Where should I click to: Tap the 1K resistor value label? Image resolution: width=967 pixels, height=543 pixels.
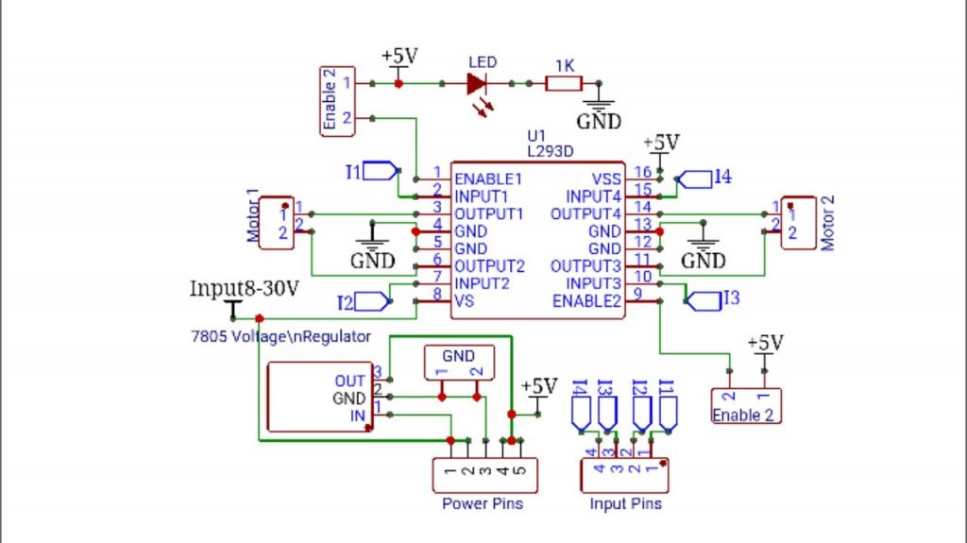564,65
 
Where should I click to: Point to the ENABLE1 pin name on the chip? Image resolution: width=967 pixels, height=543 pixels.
488,178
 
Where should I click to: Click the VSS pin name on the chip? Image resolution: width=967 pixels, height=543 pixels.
606,178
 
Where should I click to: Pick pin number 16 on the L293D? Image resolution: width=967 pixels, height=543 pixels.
642,173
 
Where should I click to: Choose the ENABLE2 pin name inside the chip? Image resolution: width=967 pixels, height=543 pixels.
585,301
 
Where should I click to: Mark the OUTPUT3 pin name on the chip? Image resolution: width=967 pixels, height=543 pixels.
585,266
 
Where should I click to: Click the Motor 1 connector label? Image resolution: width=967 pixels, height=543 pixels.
253,216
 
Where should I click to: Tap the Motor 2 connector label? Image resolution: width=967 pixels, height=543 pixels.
828,224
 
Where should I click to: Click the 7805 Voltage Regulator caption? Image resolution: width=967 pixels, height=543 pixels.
280,336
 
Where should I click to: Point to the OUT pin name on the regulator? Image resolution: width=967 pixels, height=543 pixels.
349,381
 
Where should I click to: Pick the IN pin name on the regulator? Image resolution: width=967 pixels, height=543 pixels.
357,416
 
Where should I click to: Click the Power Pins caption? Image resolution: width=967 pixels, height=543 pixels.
483,503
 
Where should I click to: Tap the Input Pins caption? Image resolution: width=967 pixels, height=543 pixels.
625,503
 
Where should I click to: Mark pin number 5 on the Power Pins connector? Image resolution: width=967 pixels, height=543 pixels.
519,469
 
